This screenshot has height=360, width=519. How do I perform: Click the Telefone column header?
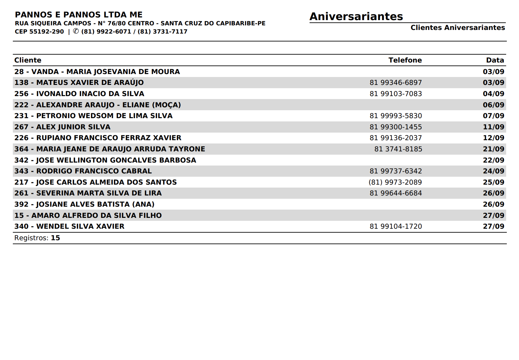[405, 60]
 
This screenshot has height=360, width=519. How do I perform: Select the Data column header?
[495, 60]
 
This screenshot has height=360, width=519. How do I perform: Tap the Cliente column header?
[28, 60]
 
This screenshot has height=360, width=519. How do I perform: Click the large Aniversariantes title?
[356, 16]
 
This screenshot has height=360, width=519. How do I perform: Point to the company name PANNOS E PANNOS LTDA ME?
[79, 15]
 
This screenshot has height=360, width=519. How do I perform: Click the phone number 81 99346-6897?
[396, 83]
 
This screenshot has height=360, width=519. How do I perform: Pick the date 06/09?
[493, 105]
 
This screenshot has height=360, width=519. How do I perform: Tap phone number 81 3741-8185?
[398, 149]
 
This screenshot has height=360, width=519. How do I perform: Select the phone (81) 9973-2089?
[395, 182]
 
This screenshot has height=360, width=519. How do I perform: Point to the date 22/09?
[493, 160]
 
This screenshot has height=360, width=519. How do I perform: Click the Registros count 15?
[55, 238]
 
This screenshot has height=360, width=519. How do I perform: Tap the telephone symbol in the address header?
[76, 31]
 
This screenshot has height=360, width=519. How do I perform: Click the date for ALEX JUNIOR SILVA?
[493, 127]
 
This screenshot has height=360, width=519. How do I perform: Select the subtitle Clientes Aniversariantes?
[457, 28]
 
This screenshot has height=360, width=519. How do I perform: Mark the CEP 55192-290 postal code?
[39, 32]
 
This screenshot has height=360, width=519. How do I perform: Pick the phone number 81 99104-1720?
[396, 226]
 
